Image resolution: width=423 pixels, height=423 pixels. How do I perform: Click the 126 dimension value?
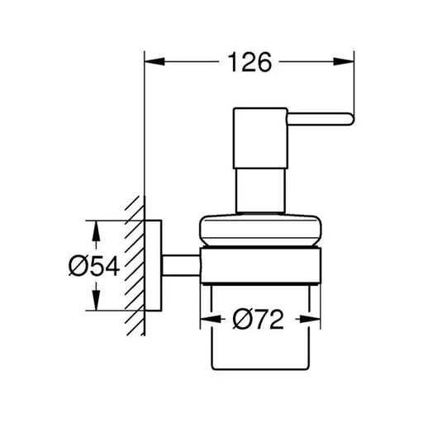click(x=250, y=62)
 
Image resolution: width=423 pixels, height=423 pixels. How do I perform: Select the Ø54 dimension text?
click(x=94, y=266)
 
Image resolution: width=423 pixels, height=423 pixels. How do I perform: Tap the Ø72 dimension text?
click(x=258, y=319)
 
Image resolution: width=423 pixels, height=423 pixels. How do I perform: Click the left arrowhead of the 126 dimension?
click(x=154, y=62)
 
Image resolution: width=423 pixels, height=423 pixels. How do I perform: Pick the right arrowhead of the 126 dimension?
click(x=344, y=62)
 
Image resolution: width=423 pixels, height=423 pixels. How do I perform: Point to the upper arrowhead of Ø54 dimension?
click(x=96, y=231)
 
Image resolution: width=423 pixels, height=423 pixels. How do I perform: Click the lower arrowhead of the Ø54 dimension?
click(x=96, y=300)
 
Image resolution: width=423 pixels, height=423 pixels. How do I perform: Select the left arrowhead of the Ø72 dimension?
click(x=211, y=319)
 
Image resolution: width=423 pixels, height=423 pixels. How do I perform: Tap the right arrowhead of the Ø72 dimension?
click(x=311, y=319)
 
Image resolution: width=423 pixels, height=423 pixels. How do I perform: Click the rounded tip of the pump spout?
click(x=352, y=119)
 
